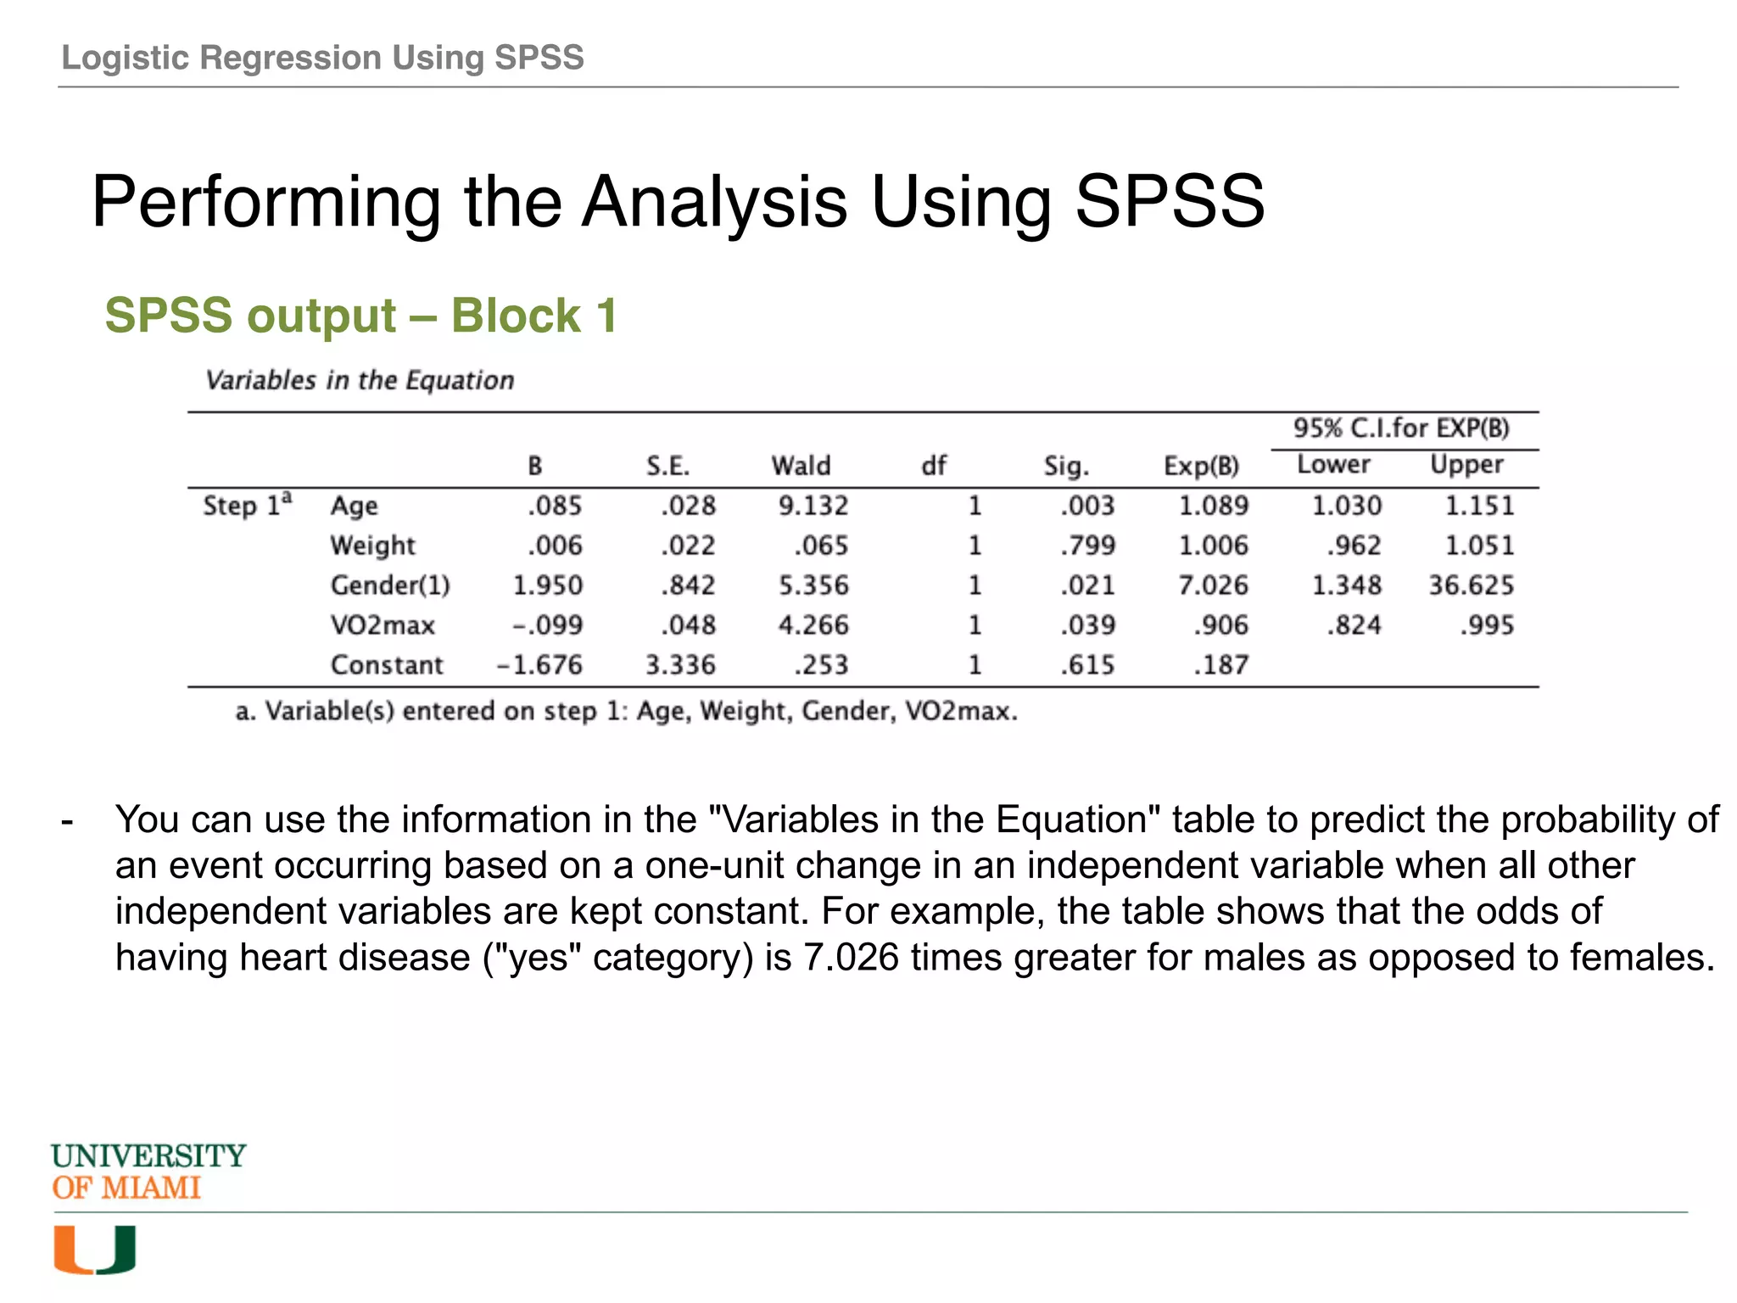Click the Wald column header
(x=801, y=466)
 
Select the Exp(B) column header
(x=1201, y=466)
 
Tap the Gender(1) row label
(x=390, y=585)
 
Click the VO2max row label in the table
(x=383, y=625)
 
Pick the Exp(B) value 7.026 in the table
(x=1213, y=585)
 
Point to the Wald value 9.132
(x=813, y=506)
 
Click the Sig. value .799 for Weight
(x=1087, y=545)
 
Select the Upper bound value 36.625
(x=1471, y=585)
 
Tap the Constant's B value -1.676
(x=539, y=665)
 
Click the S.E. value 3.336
(x=680, y=665)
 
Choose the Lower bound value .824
(x=1354, y=625)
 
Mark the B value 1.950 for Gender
(x=547, y=585)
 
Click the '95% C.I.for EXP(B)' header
(x=1401, y=428)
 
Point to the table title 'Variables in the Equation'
(x=360, y=380)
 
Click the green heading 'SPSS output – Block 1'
(x=360, y=316)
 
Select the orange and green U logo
(x=95, y=1250)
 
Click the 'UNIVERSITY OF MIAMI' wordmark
(x=148, y=1172)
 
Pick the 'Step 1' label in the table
(x=246, y=505)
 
